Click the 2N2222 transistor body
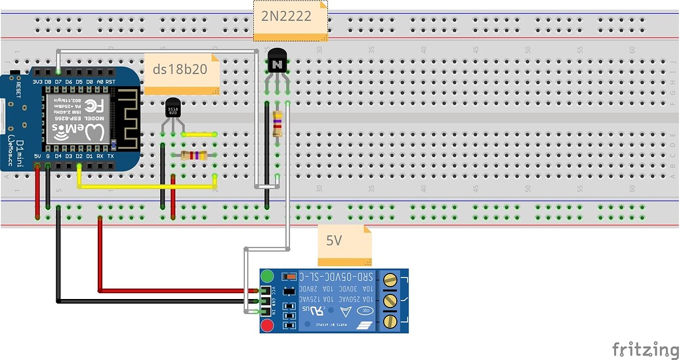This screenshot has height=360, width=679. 277,64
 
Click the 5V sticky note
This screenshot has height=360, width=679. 344,245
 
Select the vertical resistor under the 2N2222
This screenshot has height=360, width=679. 278,123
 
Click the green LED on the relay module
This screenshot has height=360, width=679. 267,275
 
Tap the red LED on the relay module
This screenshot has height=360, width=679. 267,326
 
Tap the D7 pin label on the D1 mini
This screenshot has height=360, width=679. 58,81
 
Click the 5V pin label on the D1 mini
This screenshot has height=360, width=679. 37,156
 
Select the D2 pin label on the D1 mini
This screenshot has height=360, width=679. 79,156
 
